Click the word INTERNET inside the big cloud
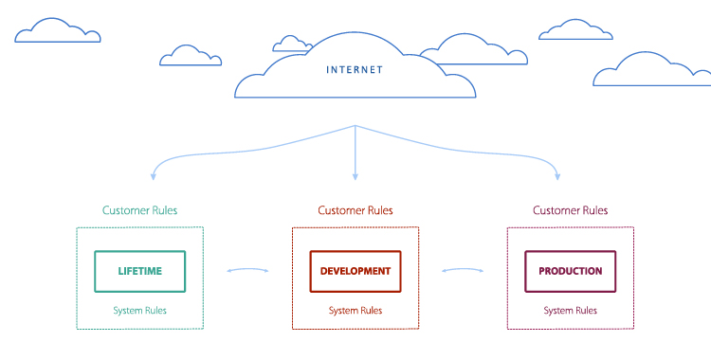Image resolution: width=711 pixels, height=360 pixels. click(355, 69)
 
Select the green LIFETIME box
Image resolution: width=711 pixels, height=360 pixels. click(139, 271)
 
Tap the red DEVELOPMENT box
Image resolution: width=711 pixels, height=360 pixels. click(355, 271)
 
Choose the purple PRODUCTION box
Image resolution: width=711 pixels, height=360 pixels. click(570, 271)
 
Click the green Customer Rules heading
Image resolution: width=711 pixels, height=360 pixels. click(139, 210)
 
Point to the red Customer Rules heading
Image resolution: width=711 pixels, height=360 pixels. click(355, 210)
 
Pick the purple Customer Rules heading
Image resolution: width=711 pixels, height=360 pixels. click(570, 210)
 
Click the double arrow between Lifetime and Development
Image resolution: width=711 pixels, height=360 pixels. click(247, 271)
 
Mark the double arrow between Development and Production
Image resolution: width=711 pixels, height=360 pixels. click(463, 271)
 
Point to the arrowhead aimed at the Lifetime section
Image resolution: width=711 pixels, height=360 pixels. click(153, 175)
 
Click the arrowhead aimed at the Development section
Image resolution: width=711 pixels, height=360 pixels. click(355, 175)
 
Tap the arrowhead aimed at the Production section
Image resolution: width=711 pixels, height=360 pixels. click(557, 175)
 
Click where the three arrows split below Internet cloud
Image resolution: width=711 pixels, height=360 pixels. click(355, 126)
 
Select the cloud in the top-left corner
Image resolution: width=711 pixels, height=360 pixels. click(57, 31)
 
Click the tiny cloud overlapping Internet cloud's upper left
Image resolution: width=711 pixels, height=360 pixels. click(292, 44)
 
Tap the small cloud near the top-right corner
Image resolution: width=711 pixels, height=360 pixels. click(575, 29)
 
